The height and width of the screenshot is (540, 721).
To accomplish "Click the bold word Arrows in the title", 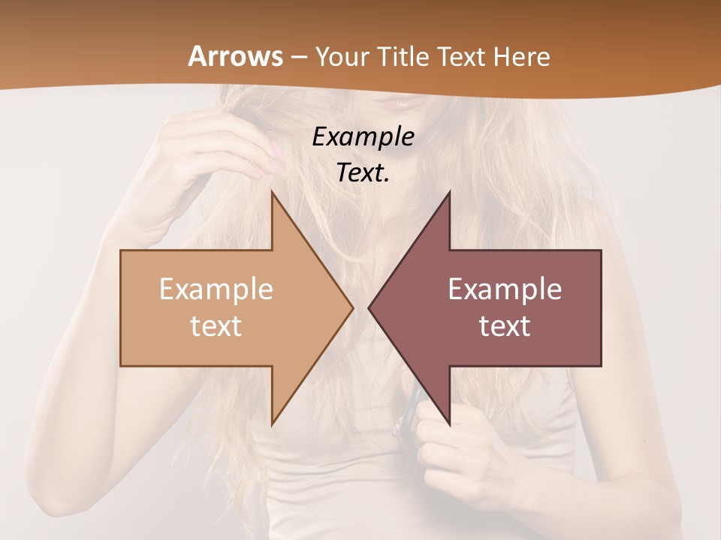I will tap(236, 56).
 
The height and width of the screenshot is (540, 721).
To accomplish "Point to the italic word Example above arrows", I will tap(363, 137).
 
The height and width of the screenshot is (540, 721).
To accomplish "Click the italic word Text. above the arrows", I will tap(363, 173).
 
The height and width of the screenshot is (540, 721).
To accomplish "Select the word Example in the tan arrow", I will tap(216, 289).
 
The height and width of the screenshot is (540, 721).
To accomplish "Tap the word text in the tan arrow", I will tap(216, 326).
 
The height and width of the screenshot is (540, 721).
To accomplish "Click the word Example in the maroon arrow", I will tap(505, 289).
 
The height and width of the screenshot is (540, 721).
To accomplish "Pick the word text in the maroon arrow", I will tap(505, 326).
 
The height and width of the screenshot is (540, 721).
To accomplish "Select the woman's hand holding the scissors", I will tap(451, 450).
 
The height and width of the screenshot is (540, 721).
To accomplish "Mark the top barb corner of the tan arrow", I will tap(272, 193).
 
